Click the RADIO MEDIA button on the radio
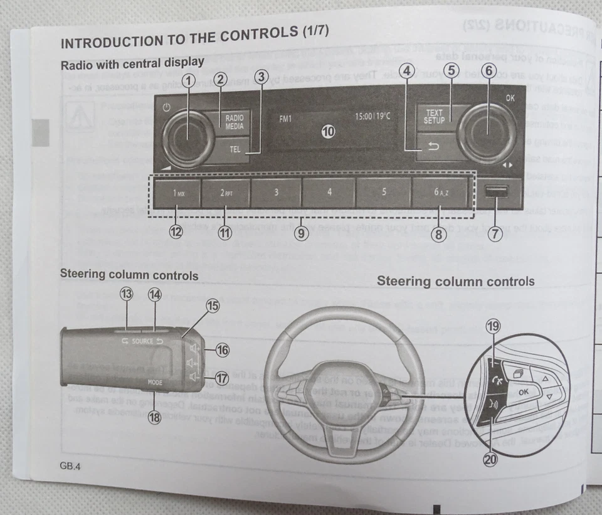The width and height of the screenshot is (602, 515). [x=235, y=121]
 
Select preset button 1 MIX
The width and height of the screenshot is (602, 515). [x=178, y=193]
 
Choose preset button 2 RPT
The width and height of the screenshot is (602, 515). [x=226, y=193]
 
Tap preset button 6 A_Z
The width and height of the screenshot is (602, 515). [x=439, y=193]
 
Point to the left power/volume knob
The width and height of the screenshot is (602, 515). [x=187, y=137]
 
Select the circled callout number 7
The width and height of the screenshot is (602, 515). [x=495, y=234]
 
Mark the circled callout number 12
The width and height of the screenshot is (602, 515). [x=176, y=233]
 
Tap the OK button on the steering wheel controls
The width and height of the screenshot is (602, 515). [x=524, y=391]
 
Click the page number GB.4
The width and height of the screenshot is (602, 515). [x=71, y=466]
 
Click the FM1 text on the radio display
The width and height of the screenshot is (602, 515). [x=286, y=117]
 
